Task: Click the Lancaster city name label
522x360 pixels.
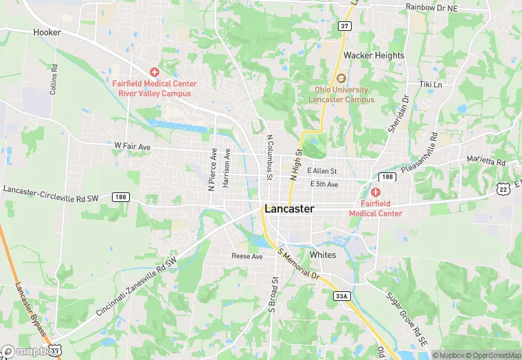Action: (x=289, y=209)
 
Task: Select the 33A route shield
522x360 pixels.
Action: (x=341, y=296)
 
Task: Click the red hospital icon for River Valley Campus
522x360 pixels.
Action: (x=155, y=72)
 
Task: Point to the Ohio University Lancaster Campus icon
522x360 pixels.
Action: (x=342, y=77)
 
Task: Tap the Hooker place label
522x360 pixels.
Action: (x=47, y=32)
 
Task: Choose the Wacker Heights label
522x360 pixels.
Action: (x=374, y=55)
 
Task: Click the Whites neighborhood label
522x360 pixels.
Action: (x=323, y=255)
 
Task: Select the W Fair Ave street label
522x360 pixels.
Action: (x=132, y=146)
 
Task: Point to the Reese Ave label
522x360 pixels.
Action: (x=247, y=256)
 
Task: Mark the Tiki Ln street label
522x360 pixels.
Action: (x=431, y=85)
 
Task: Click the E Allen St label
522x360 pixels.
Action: (x=322, y=171)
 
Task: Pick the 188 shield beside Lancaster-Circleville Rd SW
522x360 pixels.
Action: (x=121, y=197)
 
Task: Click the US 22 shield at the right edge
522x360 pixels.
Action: (x=503, y=189)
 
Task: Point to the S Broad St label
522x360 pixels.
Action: (x=273, y=295)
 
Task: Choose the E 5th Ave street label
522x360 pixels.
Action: (x=324, y=184)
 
